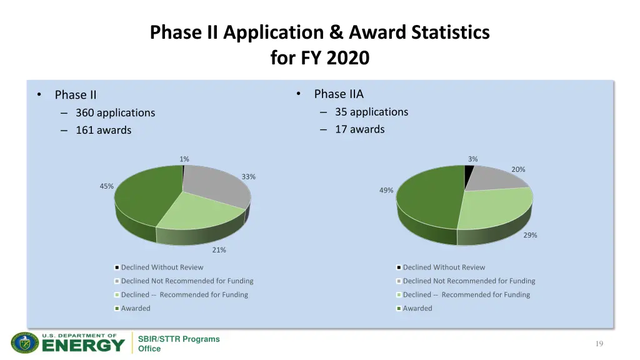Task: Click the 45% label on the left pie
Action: pos(106,186)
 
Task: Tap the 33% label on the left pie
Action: pos(248,177)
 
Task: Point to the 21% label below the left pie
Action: pos(219,250)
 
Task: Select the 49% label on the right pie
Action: pos(386,191)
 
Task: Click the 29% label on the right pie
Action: pos(530,236)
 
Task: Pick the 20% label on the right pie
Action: pos(518,169)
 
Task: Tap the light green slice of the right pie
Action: pos(497,209)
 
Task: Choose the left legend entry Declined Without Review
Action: pos(162,267)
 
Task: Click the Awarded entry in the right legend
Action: pos(417,309)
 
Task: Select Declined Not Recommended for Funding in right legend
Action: pos(469,281)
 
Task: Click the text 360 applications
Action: pos(115,113)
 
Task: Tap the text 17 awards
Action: pos(359,129)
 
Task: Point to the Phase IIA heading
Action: pos(338,94)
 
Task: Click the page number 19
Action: pos(599,344)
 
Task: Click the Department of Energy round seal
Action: pos(25,342)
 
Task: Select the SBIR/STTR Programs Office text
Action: pos(178,344)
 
